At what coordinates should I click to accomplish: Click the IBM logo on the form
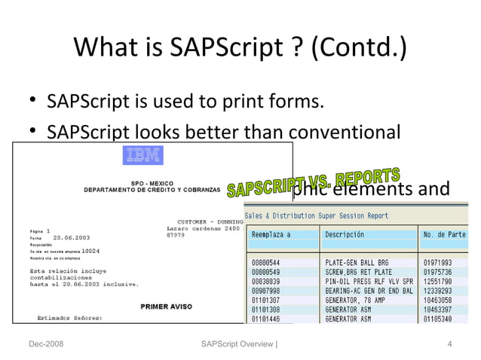143,157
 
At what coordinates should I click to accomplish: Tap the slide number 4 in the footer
449,344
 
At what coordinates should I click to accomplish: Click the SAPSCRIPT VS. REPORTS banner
313,182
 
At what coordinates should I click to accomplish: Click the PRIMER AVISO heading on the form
166,307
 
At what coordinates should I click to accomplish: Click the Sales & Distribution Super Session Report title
317,216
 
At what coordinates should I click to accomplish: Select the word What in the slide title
103,50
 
